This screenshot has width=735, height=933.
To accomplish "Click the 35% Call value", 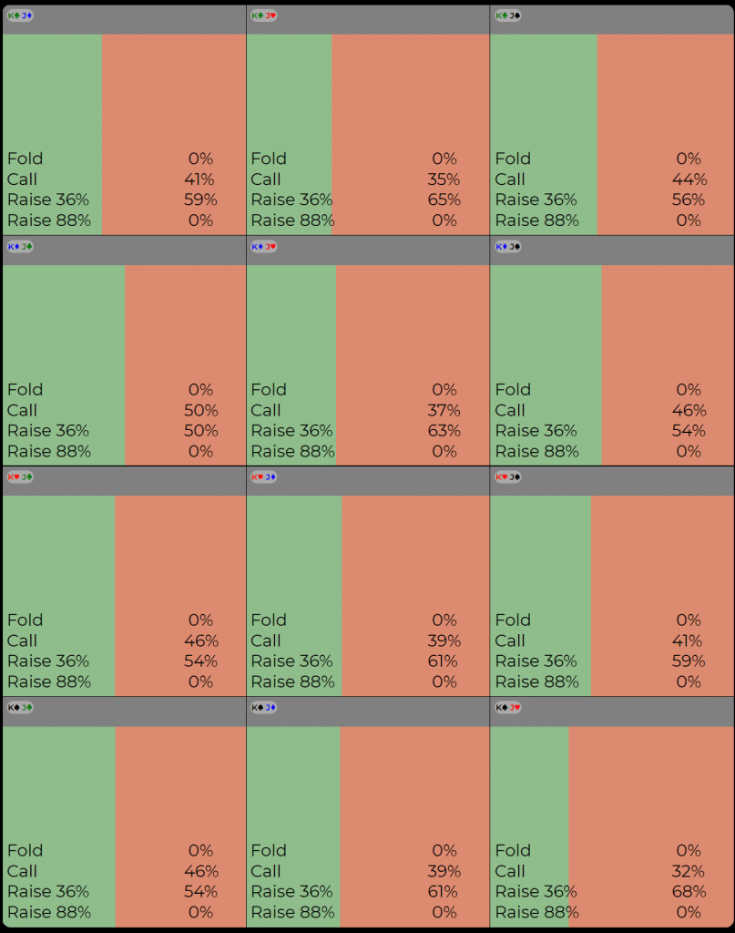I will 444,179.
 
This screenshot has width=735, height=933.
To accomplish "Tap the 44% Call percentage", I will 689,179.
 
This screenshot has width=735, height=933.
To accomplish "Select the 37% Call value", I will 444,410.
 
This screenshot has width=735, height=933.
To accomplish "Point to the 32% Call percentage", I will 689,871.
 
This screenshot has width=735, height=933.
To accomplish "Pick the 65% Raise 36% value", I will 444,200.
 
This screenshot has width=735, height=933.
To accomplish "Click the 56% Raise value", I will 689,200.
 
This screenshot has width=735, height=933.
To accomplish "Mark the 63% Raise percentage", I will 444,430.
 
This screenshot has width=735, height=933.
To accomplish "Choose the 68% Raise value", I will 689,891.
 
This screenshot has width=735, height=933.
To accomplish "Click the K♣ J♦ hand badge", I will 20,15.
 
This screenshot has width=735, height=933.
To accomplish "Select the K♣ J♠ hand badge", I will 508,15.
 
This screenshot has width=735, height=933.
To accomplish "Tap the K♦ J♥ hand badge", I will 264,246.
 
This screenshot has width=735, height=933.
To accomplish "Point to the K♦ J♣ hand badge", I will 20,246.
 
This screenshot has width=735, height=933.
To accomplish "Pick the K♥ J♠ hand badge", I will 508,477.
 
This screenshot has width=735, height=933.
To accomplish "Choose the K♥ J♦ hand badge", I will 264,477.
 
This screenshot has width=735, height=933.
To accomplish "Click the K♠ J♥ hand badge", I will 508,707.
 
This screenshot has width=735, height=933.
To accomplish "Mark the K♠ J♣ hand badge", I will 20,707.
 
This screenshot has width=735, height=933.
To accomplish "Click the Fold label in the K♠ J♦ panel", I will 269,850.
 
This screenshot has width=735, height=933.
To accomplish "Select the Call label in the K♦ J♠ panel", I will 510,410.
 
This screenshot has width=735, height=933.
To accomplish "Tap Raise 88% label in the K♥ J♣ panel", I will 49,682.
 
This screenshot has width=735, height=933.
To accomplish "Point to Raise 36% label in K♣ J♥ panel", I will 291,200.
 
